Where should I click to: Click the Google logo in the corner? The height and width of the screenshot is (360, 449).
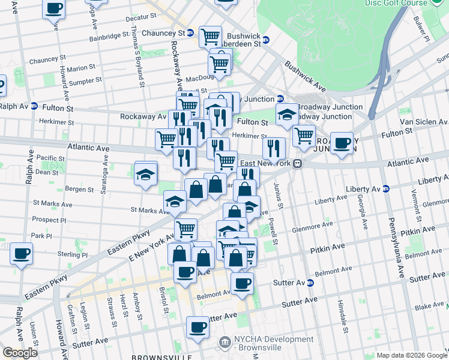click(x=20, y=353)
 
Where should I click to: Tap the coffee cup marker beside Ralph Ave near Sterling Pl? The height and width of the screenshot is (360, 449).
click(x=21, y=254)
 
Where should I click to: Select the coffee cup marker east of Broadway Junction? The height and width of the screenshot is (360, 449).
click(x=342, y=144)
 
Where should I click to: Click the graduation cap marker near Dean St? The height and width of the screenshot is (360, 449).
click(x=145, y=175)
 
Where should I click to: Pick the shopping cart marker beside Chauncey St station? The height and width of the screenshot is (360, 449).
click(x=210, y=37)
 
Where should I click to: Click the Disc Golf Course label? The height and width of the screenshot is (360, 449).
click(x=396, y=2)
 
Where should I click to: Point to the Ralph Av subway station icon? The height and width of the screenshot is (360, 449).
click(x=34, y=106)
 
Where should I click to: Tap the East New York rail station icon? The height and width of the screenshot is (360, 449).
click(x=297, y=163)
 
